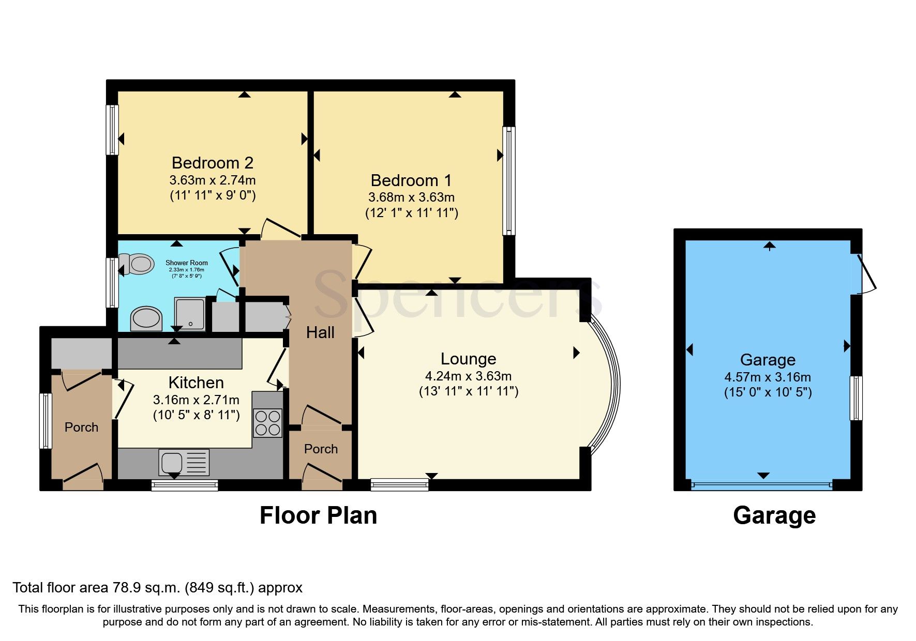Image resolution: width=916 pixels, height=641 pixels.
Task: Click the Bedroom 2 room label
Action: click(x=212, y=163)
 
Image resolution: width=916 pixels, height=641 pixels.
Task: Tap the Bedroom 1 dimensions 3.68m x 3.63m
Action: click(x=411, y=197)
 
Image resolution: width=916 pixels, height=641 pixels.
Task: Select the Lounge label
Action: click(x=468, y=359)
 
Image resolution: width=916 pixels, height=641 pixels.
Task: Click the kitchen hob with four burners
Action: click(x=267, y=423)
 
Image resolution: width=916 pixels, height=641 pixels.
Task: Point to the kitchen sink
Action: click(x=172, y=462)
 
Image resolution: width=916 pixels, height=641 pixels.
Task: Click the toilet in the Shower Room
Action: click(x=137, y=264)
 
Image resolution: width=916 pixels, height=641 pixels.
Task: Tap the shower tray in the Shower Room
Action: click(x=190, y=314)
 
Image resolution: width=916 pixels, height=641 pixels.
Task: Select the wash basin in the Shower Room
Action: click(x=146, y=318)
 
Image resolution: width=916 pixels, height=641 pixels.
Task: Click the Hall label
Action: click(x=320, y=332)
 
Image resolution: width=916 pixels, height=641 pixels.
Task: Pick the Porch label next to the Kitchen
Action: click(x=81, y=428)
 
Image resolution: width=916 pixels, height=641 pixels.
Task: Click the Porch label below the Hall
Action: click(x=321, y=449)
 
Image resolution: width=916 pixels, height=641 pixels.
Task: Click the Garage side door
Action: click(x=865, y=274)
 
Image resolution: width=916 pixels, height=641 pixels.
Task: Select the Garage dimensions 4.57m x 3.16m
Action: click(x=768, y=377)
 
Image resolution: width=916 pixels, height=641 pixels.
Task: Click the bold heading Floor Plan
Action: click(x=318, y=515)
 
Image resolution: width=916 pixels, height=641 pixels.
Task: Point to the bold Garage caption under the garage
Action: click(x=774, y=515)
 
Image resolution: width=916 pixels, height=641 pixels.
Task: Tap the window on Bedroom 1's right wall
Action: click(x=509, y=181)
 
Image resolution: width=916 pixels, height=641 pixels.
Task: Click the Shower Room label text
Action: click(x=186, y=263)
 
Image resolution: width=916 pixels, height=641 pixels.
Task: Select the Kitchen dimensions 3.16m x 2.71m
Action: click(x=196, y=400)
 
